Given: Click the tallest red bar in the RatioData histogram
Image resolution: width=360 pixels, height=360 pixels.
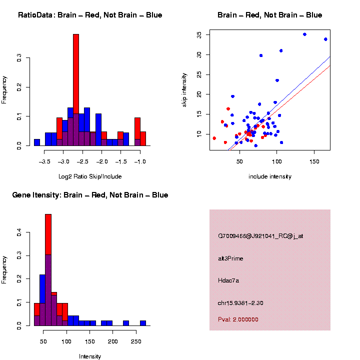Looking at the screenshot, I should [x=76, y=90].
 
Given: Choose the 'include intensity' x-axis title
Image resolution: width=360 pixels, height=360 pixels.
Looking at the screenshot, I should [x=270, y=176].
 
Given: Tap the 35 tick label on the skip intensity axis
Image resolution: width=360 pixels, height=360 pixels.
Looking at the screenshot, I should [x=199, y=34].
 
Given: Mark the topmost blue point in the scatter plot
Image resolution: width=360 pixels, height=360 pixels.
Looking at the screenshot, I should [x=304, y=34].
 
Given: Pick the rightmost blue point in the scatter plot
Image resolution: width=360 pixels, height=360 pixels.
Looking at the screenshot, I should [x=325, y=39].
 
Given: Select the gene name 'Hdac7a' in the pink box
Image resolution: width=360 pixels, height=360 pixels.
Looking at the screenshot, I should [x=228, y=280].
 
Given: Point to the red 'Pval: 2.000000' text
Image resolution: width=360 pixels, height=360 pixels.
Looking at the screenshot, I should [x=238, y=319].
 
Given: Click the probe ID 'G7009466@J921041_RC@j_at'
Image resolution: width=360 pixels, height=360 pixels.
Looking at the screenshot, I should [x=260, y=236].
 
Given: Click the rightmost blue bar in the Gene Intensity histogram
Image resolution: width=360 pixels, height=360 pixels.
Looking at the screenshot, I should [x=143, y=323].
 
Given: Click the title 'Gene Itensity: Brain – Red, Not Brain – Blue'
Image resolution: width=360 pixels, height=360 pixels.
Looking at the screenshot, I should [x=90, y=195].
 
